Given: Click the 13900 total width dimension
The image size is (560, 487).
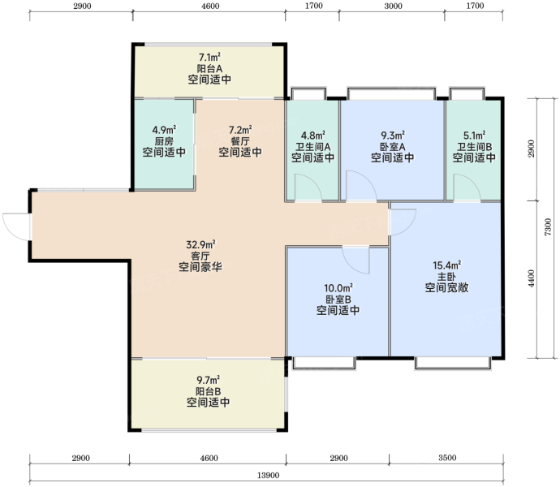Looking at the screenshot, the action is point(268,475).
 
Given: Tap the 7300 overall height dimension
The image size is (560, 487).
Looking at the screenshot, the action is point(548,227).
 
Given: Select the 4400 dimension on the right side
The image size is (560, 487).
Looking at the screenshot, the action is point(532,278).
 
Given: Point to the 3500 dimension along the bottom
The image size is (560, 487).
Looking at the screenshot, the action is point(447,458).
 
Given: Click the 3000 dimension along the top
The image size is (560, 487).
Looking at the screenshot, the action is point(393,6).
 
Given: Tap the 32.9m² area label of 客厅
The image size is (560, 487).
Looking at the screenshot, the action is point(200,245).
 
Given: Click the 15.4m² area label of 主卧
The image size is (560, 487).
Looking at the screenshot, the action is point(447,265).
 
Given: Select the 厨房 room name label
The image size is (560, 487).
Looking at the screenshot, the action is point(164,140).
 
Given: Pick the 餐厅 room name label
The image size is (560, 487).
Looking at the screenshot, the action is point(240,140).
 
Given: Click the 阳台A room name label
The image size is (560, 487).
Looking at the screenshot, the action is point(209,68).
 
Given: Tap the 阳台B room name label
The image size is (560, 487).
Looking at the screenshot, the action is point(209,391).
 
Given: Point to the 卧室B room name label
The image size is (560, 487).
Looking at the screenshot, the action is point(338,299).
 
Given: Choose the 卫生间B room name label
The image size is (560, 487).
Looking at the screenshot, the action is point(474,147).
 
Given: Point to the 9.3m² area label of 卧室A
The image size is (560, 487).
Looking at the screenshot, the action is point(393,136).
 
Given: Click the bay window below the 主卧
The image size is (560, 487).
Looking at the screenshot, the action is point(453,363).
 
